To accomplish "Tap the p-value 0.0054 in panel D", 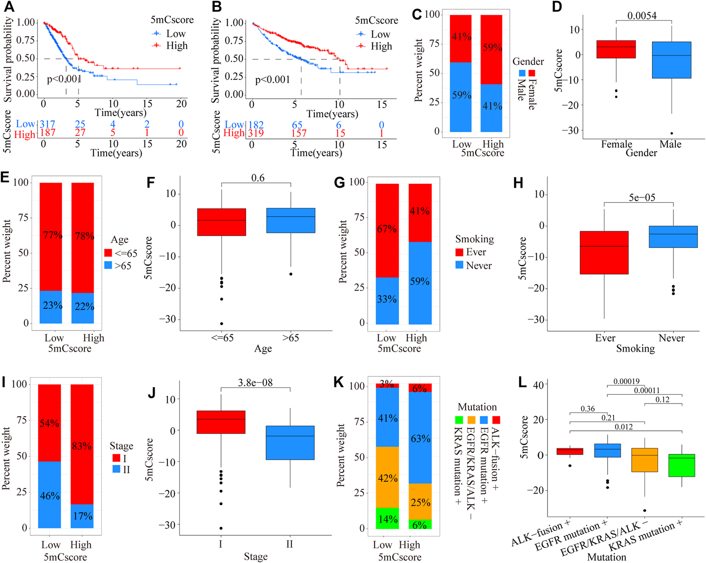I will click(641, 16).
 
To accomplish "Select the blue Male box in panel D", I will click(671, 60).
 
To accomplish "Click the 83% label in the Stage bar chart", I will click(82, 446).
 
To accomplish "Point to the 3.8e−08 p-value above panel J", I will click(255, 383).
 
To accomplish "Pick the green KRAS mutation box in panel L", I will click(682, 465).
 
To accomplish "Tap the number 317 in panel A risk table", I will click(47, 124).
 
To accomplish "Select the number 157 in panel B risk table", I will click(299, 133).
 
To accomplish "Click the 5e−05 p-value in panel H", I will click(642, 197).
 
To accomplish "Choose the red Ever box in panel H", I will click(604, 252).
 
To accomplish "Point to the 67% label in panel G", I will click(386, 229).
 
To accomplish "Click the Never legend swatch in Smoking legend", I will click(459, 265).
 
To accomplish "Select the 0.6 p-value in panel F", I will click(258, 178).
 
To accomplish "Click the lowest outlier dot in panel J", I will click(221, 528).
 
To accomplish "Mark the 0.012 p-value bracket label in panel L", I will click(624, 427).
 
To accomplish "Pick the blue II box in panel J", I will click(290, 442).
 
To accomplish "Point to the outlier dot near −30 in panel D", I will click(672, 133).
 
